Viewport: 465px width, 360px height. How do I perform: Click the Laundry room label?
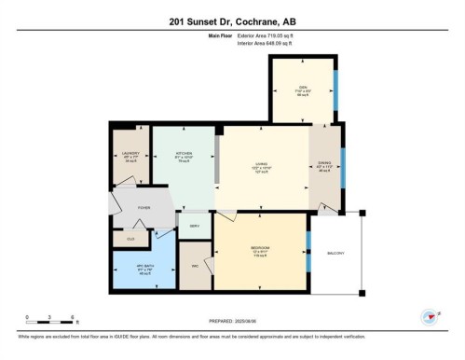130,153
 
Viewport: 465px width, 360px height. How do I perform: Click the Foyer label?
144,209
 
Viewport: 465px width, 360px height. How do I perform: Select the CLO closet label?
130,239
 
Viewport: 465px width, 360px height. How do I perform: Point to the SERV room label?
195,227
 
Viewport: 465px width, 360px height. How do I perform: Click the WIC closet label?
195,265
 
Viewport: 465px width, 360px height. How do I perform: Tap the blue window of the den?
336,90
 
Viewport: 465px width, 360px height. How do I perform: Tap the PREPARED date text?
232,322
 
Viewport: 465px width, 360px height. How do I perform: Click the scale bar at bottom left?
51,321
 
